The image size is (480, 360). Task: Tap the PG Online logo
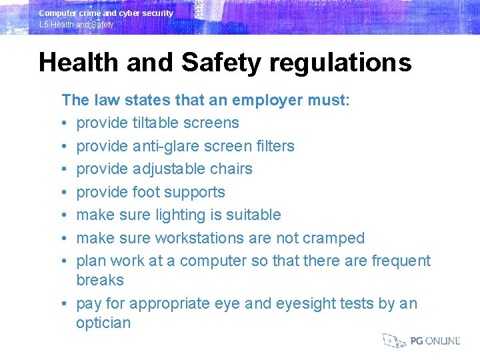(x=421, y=341)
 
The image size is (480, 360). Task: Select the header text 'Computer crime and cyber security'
(x=106, y=13)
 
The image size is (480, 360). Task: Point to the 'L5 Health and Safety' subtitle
(x=77, y=25)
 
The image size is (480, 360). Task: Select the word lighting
(x=183, y=215)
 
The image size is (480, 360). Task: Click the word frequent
(x=397, y=261)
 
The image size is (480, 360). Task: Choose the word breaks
(x=100, y=280)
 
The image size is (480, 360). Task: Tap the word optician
(x=103, y=323)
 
